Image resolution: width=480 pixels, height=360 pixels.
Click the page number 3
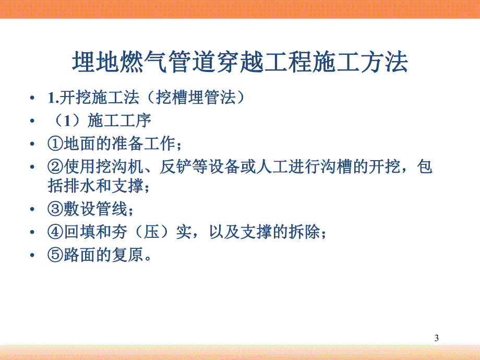point(437,339)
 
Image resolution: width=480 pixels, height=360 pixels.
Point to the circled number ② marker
point(54,167)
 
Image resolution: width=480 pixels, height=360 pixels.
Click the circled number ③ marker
point(54,210)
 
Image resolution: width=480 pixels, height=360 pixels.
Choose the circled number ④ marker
point(54,232)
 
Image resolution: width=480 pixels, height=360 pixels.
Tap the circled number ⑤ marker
point(54,255)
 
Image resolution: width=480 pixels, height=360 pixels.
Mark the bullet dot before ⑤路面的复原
point(34,256)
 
